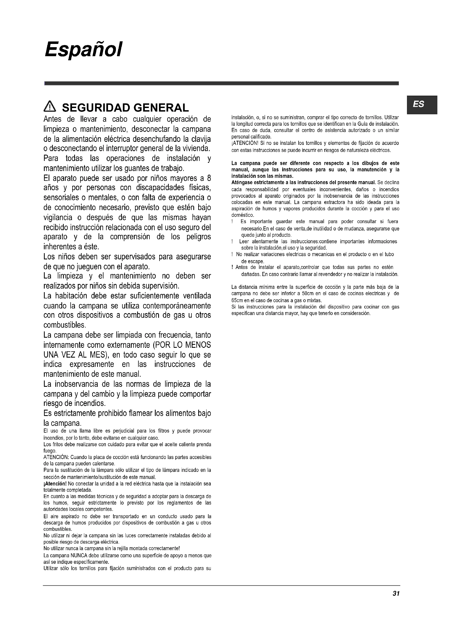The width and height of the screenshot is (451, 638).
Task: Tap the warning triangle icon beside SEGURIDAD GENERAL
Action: (50, 107)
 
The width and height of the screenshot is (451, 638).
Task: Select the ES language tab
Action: (419, 104)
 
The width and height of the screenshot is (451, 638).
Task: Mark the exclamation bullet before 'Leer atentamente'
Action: (232, 242)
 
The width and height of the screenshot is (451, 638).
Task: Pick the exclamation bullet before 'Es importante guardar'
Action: (232, 222)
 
